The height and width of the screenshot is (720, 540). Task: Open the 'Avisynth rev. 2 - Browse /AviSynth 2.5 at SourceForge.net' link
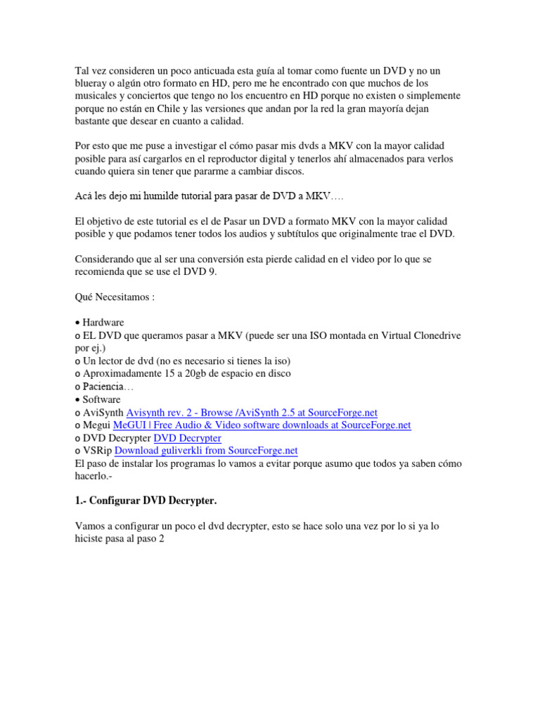point(251,413)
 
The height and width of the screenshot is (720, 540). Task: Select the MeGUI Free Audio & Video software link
point(262,425)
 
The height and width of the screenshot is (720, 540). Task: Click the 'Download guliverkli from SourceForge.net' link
point(206,451)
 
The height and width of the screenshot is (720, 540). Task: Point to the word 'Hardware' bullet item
point(103,322)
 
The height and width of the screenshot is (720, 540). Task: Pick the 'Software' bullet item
point(101,399)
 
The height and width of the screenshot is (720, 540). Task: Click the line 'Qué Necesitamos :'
point(115,297)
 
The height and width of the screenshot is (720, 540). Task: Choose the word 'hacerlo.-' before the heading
point(96,476)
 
